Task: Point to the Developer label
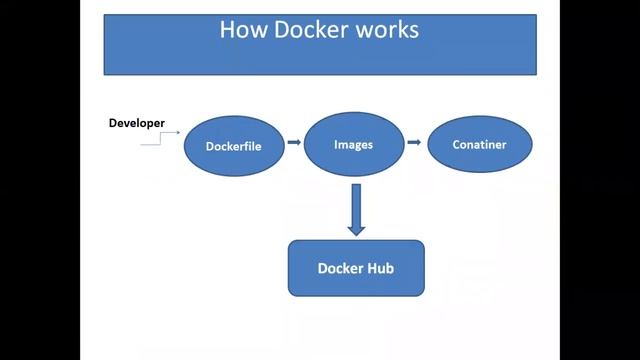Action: (137, 123)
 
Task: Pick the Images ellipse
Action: (353, 145)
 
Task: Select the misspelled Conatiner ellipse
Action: (480, 145)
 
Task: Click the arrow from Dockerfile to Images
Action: (294, 142)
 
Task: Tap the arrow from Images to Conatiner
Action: (413, 143)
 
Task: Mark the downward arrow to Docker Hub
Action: (356, 210)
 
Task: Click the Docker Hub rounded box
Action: (356, 268)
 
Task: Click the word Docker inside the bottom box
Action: (338, 268)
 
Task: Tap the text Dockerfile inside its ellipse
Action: (232, 146)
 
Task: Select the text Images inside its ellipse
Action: (353, 144)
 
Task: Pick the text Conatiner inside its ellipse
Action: (480, 145)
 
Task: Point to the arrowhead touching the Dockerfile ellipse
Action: (178, 132)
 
